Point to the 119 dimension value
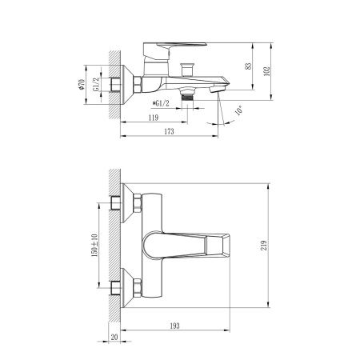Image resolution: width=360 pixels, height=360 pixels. click(x=153, y=118)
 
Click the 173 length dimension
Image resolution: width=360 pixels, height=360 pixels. click(x=168, y=131)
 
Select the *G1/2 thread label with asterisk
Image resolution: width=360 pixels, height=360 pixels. click(x=167, y=102)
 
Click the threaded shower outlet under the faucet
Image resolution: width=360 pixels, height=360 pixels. click(x=189, y=94)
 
